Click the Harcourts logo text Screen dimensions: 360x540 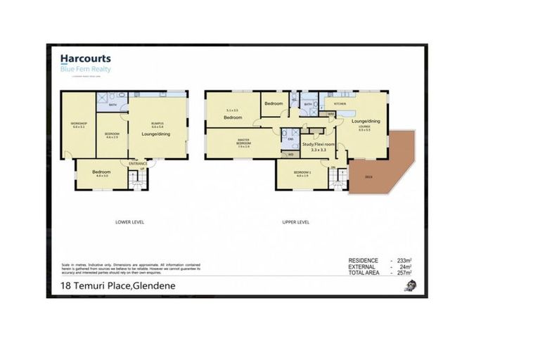click(x=85, y=60)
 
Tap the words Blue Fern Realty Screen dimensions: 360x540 click(x=85, y=69)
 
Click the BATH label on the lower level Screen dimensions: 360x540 click(x=112, y=106)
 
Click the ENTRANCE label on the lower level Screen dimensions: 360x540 click(x=137, y=164)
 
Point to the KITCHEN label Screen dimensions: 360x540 click(x=340, y=103)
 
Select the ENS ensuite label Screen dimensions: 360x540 click(x=290, y=139)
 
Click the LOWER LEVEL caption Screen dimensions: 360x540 click(x=129, y=221)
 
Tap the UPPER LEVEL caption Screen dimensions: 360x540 click(x=295, y=221)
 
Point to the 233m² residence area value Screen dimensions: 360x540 click(x=403, y=260)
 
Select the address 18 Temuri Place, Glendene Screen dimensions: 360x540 click(x=117, y=286)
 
